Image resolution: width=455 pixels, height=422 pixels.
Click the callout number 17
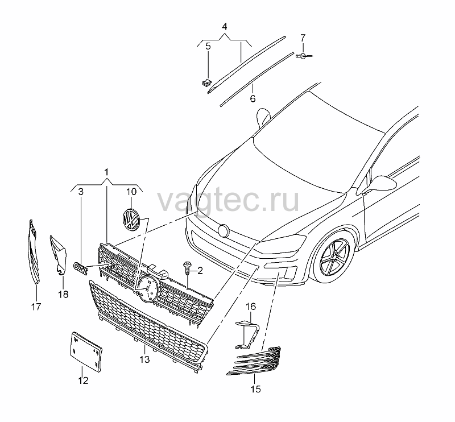click(36, 307)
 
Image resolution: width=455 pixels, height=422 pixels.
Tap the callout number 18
click(63, 294)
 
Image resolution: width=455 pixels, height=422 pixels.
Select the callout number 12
click(83, 380)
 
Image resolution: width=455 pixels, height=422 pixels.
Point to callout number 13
click(144, 359)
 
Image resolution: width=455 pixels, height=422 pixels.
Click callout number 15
click(255, 389)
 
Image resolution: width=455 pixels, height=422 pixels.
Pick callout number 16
click(251, 307)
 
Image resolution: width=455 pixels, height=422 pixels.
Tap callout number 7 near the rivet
click(303, 38)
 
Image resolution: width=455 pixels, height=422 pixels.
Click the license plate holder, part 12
click(86, 352)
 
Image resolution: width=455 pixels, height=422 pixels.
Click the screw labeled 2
click(187, 269)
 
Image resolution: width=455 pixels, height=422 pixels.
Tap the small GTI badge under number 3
click(81, 268)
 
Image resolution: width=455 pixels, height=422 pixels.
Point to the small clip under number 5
click(206, 82)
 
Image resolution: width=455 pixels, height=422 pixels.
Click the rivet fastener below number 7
click(304, 56)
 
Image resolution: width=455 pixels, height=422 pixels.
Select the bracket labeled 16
click(247, 334)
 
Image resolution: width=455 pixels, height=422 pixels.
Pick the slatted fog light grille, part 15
click(254, 361)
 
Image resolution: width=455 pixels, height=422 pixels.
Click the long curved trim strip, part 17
click(34, 252)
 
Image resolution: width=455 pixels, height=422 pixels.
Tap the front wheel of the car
click(334, 256)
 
